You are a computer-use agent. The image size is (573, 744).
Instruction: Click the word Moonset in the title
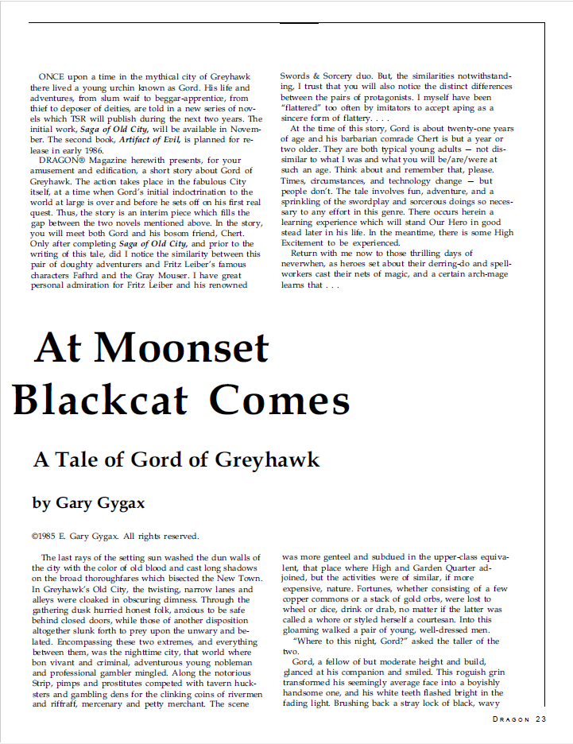click(x=184, y=348)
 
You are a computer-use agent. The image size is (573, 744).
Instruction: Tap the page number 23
click(x=540, y=720)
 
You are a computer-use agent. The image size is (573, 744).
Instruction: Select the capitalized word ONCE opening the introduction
click(x=53, y=76)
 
